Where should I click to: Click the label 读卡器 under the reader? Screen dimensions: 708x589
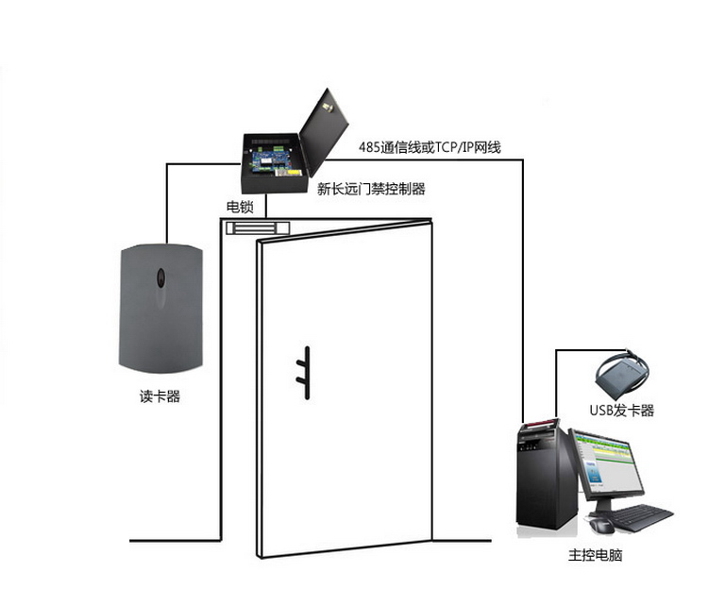(x=160, y=397)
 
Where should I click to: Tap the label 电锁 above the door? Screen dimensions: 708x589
(x=239, y=207)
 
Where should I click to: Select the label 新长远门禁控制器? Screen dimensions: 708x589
(x=371, y=189)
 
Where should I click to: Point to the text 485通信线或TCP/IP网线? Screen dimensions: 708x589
(x=430, y=147)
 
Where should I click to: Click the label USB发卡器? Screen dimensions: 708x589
(x=622, y=411)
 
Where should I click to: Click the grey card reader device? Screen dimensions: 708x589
(x=160, y=307)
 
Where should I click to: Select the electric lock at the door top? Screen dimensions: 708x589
(x=258, y=227)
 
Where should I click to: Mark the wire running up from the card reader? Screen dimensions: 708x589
(x=167, y=203)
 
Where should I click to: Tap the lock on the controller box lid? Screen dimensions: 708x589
(x=330, y=109)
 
